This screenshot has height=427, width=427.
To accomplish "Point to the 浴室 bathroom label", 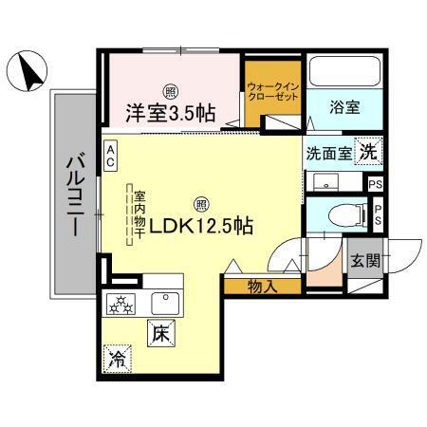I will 343,108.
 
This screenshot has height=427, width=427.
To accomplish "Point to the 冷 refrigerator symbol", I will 118,358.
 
